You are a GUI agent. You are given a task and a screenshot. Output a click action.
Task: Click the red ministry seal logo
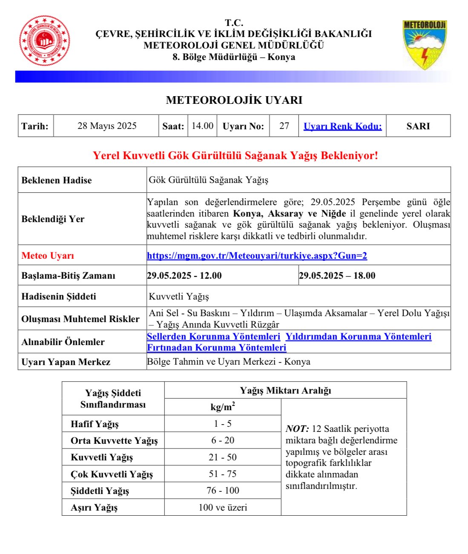pos(45,41)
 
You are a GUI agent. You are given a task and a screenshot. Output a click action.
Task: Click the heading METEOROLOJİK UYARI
pos(234,100)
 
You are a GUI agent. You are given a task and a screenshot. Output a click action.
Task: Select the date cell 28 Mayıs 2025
pos(107,126)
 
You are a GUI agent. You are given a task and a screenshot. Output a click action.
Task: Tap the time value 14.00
pos(202,126)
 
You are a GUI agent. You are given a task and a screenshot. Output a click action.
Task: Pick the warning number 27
pos(284,126)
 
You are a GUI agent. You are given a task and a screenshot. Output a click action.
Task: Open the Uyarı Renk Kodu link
pos(342,126)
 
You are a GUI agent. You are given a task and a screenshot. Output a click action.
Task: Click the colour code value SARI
pos(418,126)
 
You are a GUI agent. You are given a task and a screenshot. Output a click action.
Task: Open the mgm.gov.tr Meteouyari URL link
pos(257,256)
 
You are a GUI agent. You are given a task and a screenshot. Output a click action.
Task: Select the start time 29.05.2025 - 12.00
pos(184,276)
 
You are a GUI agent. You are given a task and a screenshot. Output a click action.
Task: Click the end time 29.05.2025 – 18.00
pos(337,276)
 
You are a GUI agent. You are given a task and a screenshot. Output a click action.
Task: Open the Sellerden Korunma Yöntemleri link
pos(213,337)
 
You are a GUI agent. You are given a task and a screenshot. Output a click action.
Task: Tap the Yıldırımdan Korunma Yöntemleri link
pos(358,337)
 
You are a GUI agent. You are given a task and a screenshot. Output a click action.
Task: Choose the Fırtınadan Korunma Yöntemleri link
pos(216,348)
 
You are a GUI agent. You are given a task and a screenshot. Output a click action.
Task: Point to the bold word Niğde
pos(333,214)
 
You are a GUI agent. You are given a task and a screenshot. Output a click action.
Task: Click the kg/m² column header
pos(223,407)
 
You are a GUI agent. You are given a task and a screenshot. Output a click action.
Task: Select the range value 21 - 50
pos(223,457)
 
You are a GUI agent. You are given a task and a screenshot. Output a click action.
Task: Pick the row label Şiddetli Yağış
pos(100,491)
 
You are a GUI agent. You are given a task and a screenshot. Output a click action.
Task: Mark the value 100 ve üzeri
pos(223,508)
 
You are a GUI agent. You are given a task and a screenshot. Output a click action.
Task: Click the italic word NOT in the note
pos(297,429)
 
